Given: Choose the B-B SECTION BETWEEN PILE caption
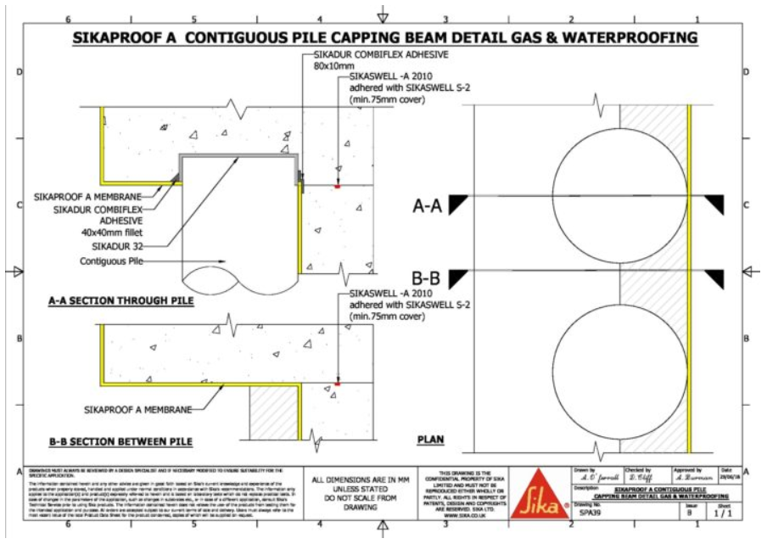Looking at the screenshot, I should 119,441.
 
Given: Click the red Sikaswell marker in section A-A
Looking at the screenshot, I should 337,186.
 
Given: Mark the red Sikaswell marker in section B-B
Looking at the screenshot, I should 337,384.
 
